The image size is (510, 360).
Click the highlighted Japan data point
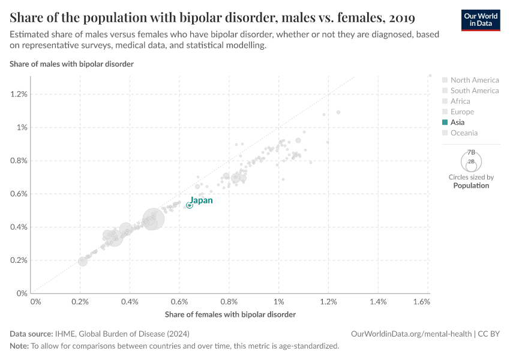click(190, 205)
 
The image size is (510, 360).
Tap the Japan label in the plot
click(202, 200)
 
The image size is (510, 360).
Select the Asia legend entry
click(457, 122)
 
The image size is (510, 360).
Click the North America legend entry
click(474, 80)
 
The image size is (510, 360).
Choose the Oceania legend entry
click(464, 133)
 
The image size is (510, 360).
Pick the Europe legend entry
click(462, 112)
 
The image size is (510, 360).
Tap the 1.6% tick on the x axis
click(422, 302)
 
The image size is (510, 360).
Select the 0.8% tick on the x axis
click(229, 302)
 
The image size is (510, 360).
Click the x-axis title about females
click(230, 314)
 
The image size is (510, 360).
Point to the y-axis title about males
click(71, 64)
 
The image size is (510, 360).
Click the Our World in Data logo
click(481, 20)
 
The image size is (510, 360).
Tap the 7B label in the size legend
click(472, 152)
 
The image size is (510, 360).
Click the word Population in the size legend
click(471, 185)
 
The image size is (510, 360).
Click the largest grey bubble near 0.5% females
click(154, 219)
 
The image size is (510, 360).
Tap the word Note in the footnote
click(19, 346)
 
